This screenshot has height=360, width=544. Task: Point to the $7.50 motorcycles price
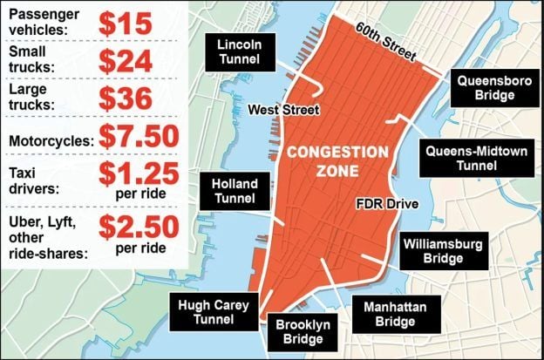point(138,136)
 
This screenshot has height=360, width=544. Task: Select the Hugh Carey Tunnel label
point(214,313)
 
